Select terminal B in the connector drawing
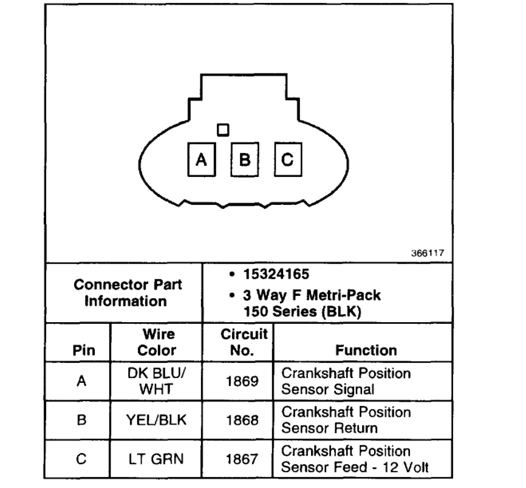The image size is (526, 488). (x=245, y=159)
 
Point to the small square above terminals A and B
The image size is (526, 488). (x=223, y=129)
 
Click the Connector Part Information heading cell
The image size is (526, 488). (x=125, y=293)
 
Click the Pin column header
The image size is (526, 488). (x=81, y=350)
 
